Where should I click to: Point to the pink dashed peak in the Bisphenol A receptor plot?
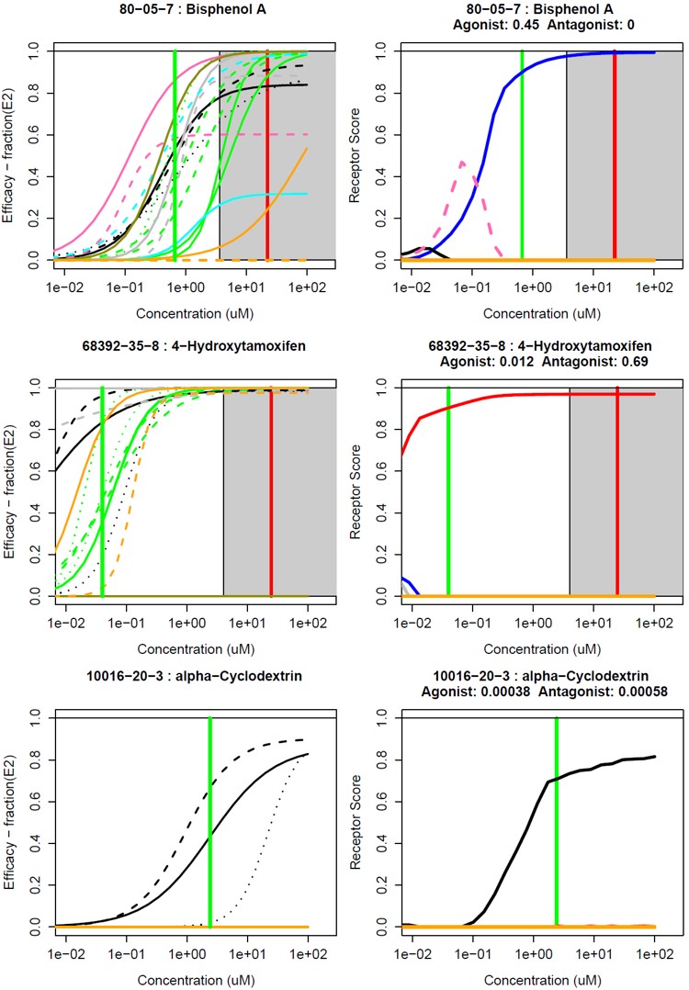[x=461, y=163]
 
